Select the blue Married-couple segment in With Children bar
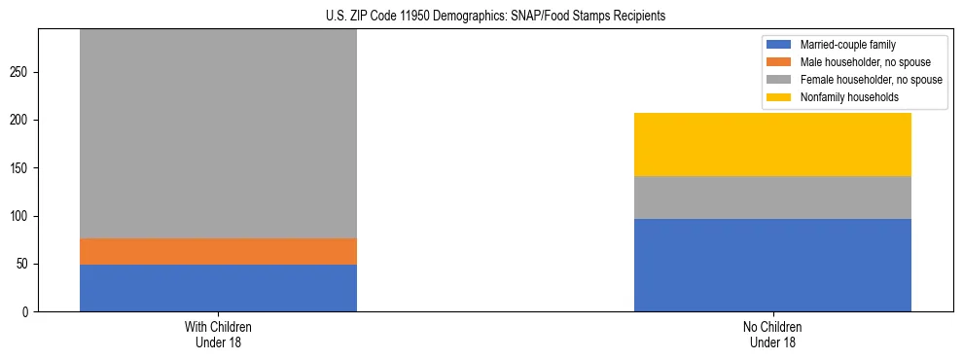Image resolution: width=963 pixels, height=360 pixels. coord(218,288)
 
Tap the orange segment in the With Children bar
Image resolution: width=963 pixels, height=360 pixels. coord(218,251)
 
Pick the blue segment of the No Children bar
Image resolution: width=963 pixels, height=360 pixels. coord(772,265)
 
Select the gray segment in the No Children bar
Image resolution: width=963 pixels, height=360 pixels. coord(772,198)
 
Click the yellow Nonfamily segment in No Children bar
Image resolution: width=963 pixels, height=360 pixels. coord(772,144)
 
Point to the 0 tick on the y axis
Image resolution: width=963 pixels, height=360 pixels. coord(28,312)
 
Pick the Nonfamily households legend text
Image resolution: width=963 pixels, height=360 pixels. coord(842,97)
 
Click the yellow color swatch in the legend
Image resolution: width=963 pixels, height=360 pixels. coord(780,97)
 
